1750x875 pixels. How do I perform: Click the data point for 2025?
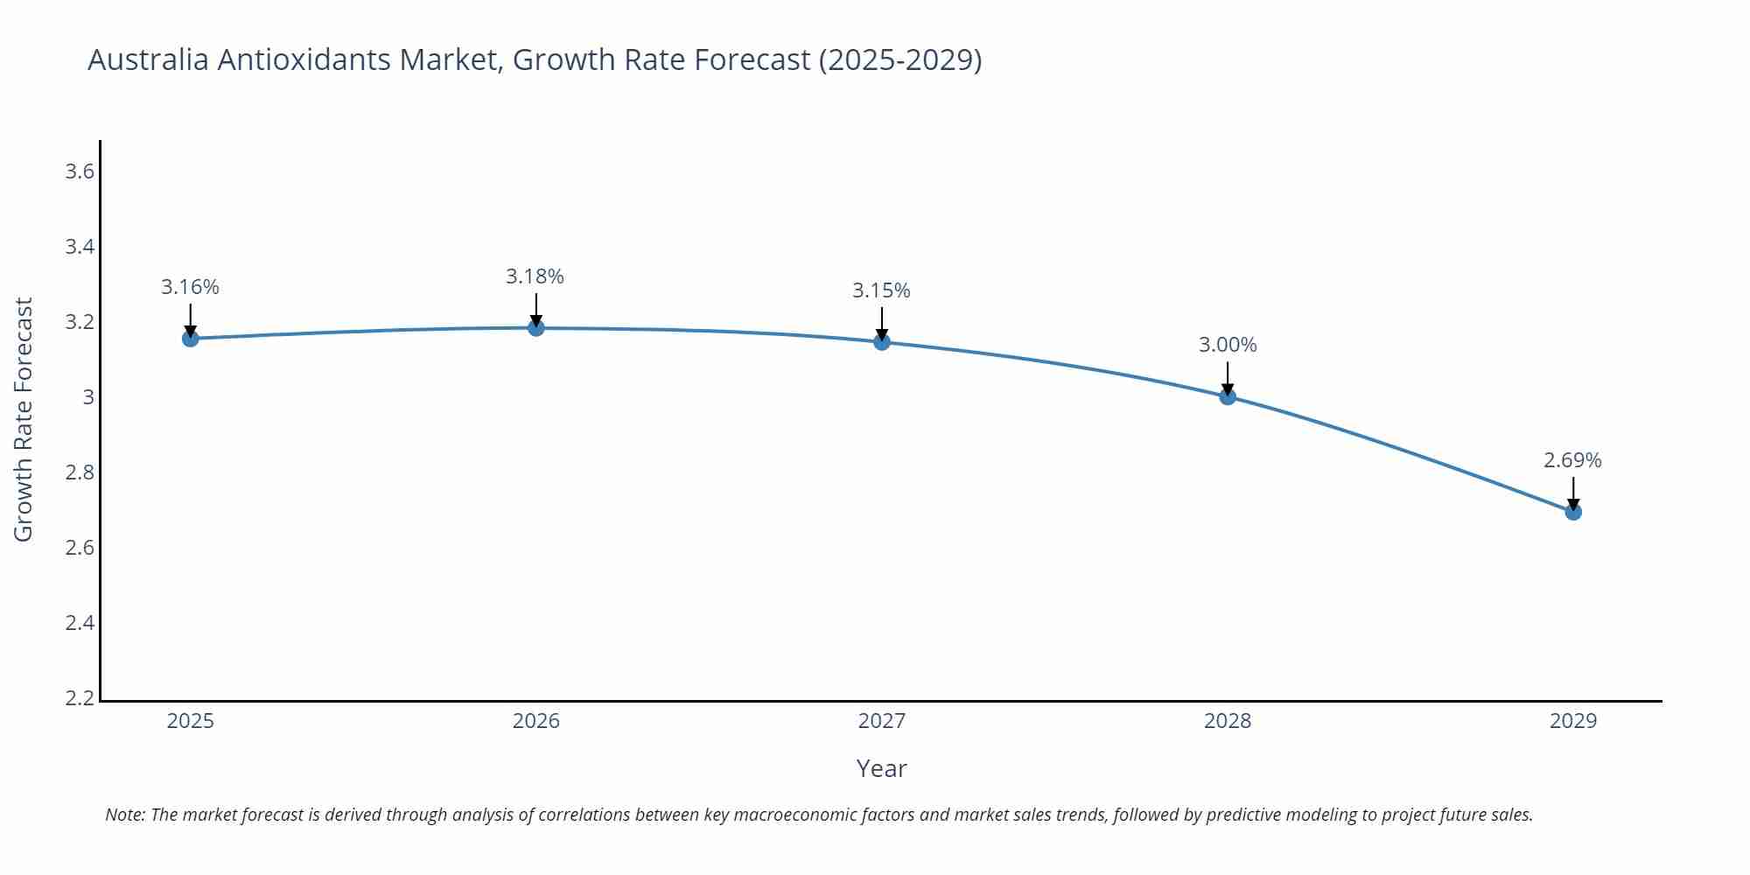[x=190, y=339]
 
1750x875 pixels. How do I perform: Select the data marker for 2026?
[x=536, y=328]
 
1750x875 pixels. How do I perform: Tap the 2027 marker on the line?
[x=882, y=342]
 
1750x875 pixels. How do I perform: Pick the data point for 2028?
[x=1228, y=396]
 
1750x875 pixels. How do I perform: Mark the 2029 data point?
[x=1573, y=512]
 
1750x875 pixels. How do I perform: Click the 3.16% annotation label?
[x=190, y=287]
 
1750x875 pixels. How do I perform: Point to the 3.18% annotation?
[x=535, y=276]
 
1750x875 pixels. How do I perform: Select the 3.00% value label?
[x=1228, y=345]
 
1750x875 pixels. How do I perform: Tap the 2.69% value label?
[x=1572, y=460]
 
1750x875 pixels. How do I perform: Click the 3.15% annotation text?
[x=881, y=290]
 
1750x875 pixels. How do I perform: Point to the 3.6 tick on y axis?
[x=80, y=171]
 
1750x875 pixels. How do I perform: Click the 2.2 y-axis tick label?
[x=80, y=698]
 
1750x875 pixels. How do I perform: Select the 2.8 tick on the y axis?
[x=80, y=472]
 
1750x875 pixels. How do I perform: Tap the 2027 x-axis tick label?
[x=882, y=721]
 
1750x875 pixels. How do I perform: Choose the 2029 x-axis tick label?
[x=1573, y=721]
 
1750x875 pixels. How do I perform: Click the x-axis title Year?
[x=881, y=768]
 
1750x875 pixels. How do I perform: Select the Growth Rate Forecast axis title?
[x=24, y=419]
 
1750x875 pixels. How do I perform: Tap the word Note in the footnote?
[x=124, y=815]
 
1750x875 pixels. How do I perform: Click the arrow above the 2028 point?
[x=1228, y=378]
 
